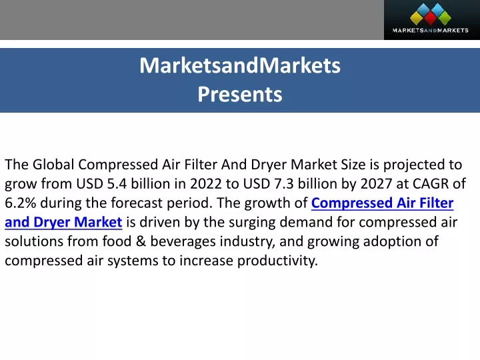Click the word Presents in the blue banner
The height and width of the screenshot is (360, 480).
pyautogui.click(x=240, y=94)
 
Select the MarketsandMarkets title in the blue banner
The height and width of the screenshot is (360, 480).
pyautogui.click(x=240, y=65)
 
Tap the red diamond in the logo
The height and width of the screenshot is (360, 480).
pyautogui.click(x=431, y=19)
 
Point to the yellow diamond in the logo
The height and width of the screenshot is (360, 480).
pyautogui.click(x=416, y=18)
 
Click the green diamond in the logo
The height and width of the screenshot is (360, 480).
pyautogui.click(x=445, y=18)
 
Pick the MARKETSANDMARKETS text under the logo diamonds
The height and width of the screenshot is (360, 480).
pyautogui.click(x=431, y=30)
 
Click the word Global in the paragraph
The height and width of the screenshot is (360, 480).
pyautogui.click(x=53, y=165)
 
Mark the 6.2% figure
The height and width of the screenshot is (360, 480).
pyautogui.click(x=21, y=203)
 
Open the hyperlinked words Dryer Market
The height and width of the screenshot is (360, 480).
pyautogui.click(x=78, y=222)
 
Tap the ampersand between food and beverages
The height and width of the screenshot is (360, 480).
pyautogui.click(x=141, y=241)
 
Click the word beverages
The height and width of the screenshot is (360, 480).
pyautogui.click(x=183, y=242)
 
